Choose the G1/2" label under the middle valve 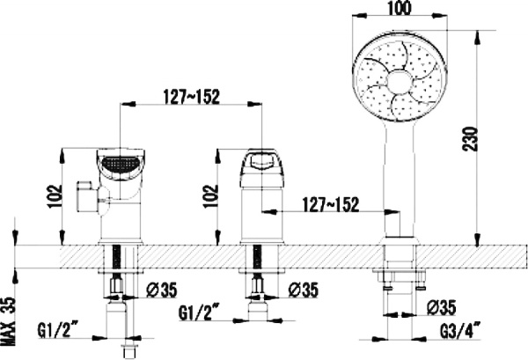(x=199, y=311)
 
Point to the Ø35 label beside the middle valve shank (x=304, y=290)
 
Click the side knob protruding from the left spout (x=86, y=195)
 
